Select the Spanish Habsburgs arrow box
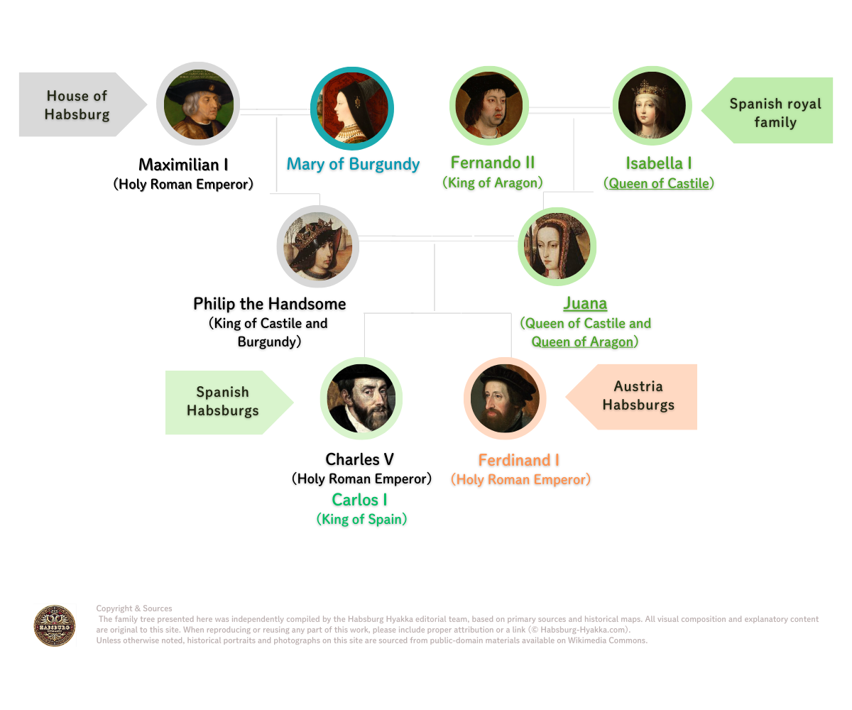[224, 402]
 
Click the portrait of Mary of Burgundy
[352, 109]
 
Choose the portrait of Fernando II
[489, 106]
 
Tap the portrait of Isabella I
[652, 106]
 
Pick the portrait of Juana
[557, 246]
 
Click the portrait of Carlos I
[361, 398]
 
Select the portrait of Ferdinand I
[505, 398]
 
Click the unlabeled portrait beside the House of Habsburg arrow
[199, 104]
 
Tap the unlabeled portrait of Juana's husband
[318, 246]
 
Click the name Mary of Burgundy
[353, 165]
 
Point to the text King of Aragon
[493, 183]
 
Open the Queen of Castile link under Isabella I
[658, 183]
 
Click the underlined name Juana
[585, 304]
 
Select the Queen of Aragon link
[582, 342]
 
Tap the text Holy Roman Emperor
[521, 480]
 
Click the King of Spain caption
[361, 520]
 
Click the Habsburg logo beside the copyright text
[55, 626]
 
